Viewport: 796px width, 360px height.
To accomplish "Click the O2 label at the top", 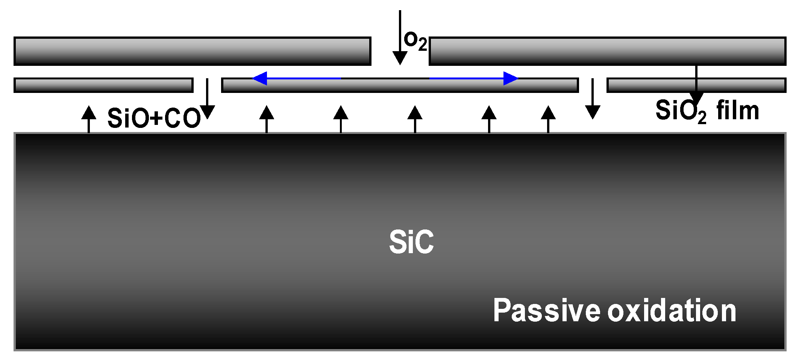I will [x=415, y=41].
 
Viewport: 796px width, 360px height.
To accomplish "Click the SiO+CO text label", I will [x=154, y=118].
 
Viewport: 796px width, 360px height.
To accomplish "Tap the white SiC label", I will [x=411, y=242].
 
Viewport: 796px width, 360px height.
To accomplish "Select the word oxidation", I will [x=672, y=311].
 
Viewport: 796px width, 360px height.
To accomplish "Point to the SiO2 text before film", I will [x=681, y=111].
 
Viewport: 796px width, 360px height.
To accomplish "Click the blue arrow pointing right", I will [x=474, y=78].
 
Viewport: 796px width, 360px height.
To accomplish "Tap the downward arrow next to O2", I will [x=400, y=38].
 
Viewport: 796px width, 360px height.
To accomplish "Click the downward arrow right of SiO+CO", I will [x=207, y=99].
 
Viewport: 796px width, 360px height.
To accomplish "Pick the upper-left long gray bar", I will [x=193, y=51].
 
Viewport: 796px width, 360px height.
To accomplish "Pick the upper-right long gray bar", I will [x=607, y=51].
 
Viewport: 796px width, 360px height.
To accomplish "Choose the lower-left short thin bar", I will [x=103, y=85].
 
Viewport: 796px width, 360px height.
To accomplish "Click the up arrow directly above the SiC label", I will [x=415, y=119].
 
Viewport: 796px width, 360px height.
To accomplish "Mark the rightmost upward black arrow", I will [x=548, y=119].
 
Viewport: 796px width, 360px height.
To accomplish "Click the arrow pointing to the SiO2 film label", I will [x=696, y=85].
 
